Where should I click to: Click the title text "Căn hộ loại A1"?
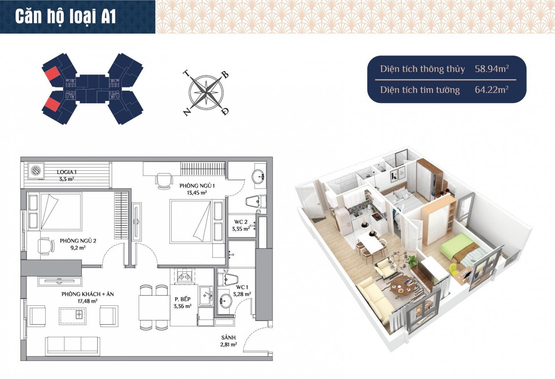[65, 17]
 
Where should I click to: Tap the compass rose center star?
[206, 92]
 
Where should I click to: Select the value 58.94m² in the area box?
[492, 69]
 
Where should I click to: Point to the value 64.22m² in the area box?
[492, 90]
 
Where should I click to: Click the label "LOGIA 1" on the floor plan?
[67, 172]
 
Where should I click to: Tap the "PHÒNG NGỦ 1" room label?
[197, 186]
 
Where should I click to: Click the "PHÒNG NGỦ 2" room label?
[78, 241]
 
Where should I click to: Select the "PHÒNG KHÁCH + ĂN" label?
[87, 294]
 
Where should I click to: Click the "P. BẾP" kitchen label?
[182, 299]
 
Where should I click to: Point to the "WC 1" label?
[242, 287]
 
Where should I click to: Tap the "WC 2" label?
[241, 222]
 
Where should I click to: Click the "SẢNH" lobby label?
[228, 337]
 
